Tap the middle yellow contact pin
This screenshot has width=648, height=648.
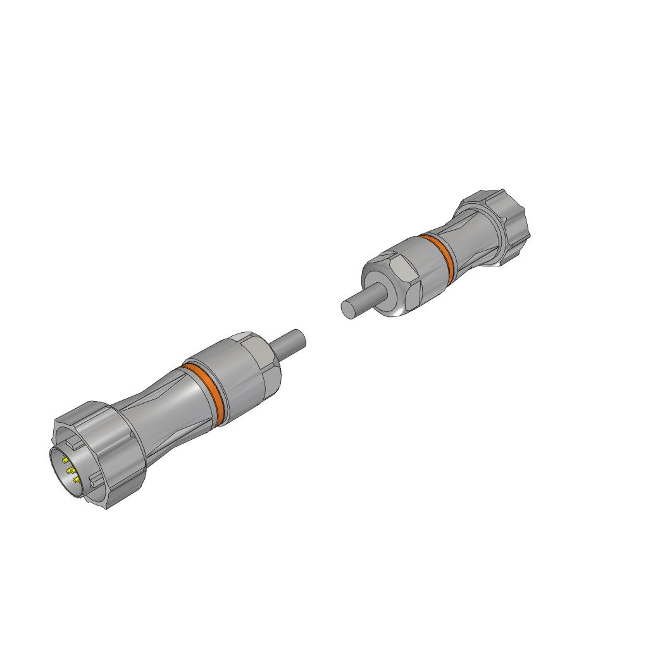[71, 471]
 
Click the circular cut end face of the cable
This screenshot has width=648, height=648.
[348, 309]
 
